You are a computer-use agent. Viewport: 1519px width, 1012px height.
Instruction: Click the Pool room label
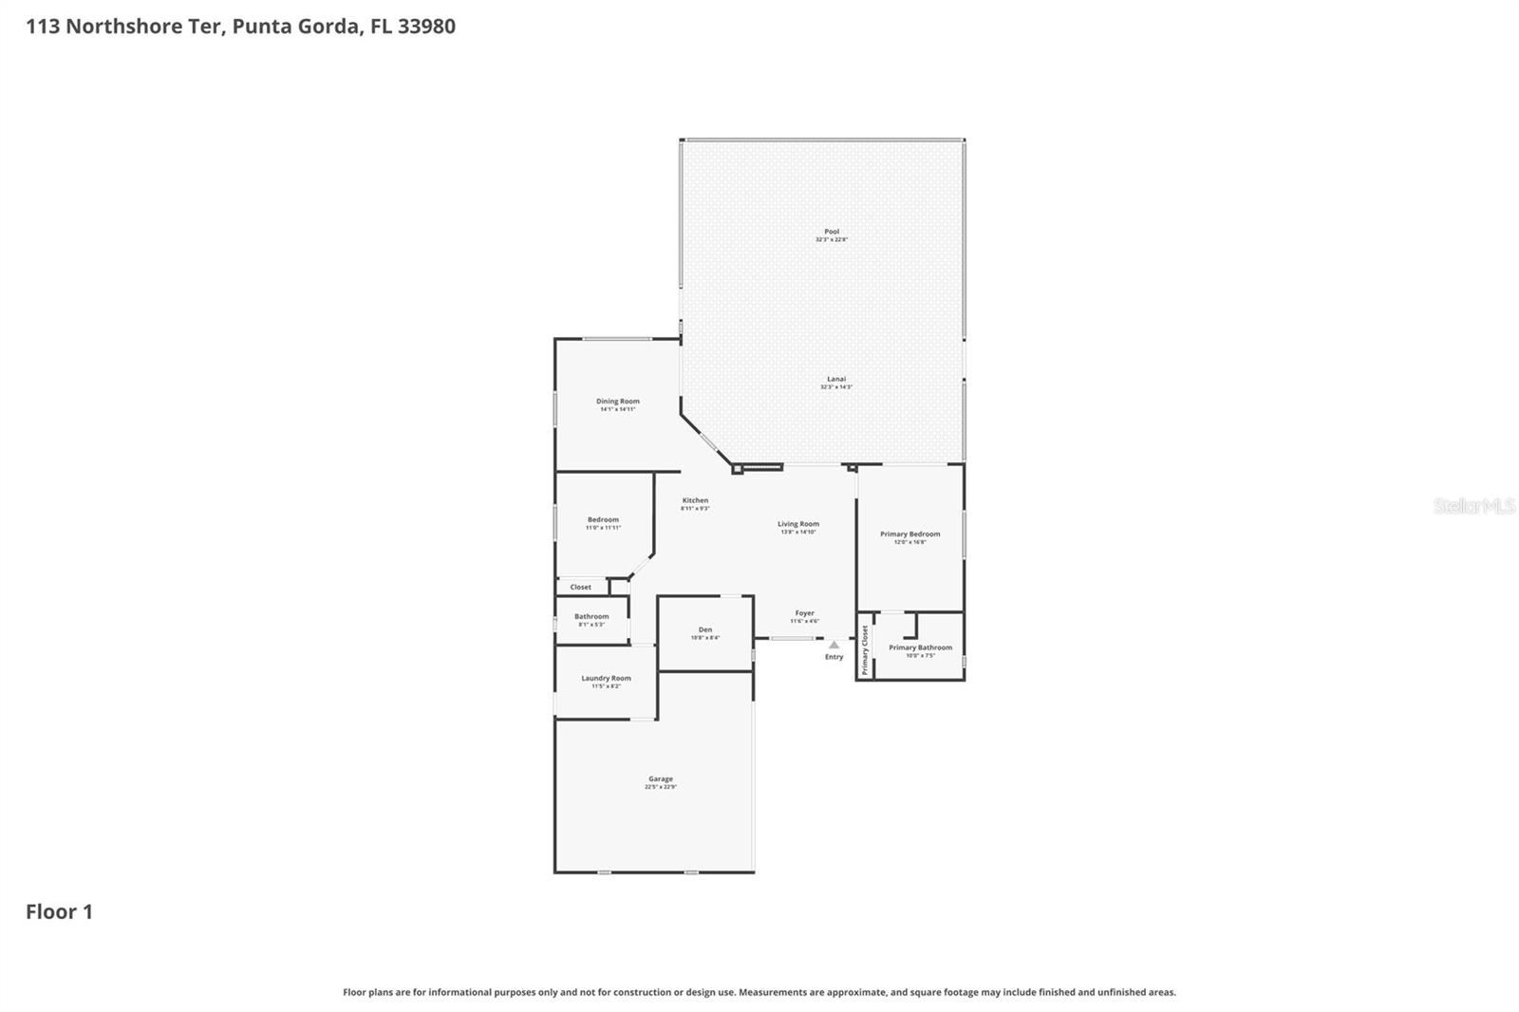click(832, 232)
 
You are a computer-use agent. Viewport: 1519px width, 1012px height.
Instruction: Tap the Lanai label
click(835, 380)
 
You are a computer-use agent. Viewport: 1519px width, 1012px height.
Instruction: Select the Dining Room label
click(617, 402)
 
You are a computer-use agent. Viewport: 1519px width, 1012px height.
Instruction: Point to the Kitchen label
click(695, 500)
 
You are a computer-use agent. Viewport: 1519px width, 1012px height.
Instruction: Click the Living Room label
click(797, 524)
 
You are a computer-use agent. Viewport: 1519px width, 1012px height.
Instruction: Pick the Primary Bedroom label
click(910, 534)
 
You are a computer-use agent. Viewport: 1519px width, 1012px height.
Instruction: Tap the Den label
click(705, 629)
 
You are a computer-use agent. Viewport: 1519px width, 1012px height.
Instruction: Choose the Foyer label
click(804, 613)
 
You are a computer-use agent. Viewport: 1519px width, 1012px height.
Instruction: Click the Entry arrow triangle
click(834, 645)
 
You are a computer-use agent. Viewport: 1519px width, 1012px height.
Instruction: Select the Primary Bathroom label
click(920, 647)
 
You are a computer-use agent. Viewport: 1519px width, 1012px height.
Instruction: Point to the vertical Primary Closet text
click(865, 650)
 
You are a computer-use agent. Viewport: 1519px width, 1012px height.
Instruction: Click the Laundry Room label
click(606, 679)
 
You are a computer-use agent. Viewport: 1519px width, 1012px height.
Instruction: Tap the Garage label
click(661, 779)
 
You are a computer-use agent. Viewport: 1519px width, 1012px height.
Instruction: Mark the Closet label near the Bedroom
click(581, 588)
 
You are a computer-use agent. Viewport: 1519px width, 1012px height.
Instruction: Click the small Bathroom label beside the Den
click(591, 617)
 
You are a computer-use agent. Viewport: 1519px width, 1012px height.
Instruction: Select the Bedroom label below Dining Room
click(603, 519)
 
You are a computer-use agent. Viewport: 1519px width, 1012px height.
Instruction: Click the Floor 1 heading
click(59, 912)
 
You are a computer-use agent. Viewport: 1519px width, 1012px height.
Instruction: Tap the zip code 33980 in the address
click(426, 27)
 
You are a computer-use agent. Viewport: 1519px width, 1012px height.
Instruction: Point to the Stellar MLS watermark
click(1473, 506)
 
